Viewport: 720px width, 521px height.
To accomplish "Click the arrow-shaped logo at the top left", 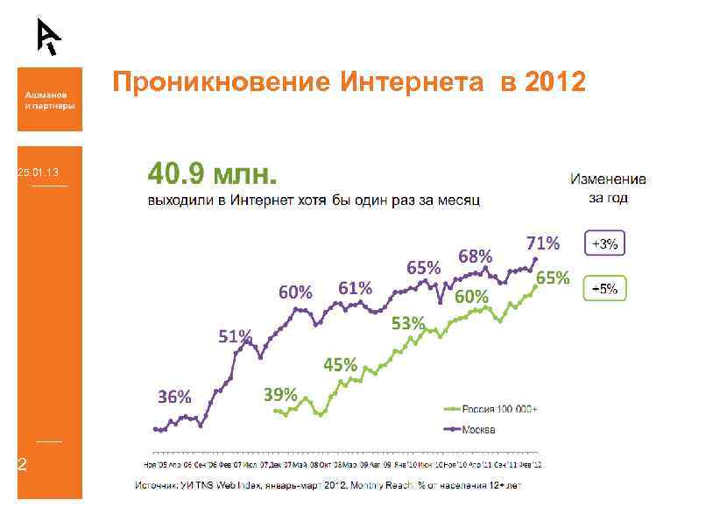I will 49,36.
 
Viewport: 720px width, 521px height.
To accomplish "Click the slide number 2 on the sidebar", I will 24,464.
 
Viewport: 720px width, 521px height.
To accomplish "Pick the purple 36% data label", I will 174,397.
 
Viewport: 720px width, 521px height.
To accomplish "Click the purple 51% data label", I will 235,337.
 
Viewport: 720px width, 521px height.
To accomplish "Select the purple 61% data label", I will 356,288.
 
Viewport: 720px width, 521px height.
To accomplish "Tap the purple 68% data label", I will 476,257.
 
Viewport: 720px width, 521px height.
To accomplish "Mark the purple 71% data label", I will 542,243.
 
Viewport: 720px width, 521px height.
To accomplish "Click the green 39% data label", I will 280,394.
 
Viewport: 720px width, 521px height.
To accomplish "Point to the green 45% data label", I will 340,364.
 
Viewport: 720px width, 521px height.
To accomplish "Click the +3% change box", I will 604,245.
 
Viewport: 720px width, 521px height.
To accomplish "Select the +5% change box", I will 604,288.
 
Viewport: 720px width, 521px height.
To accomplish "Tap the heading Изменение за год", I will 608,188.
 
